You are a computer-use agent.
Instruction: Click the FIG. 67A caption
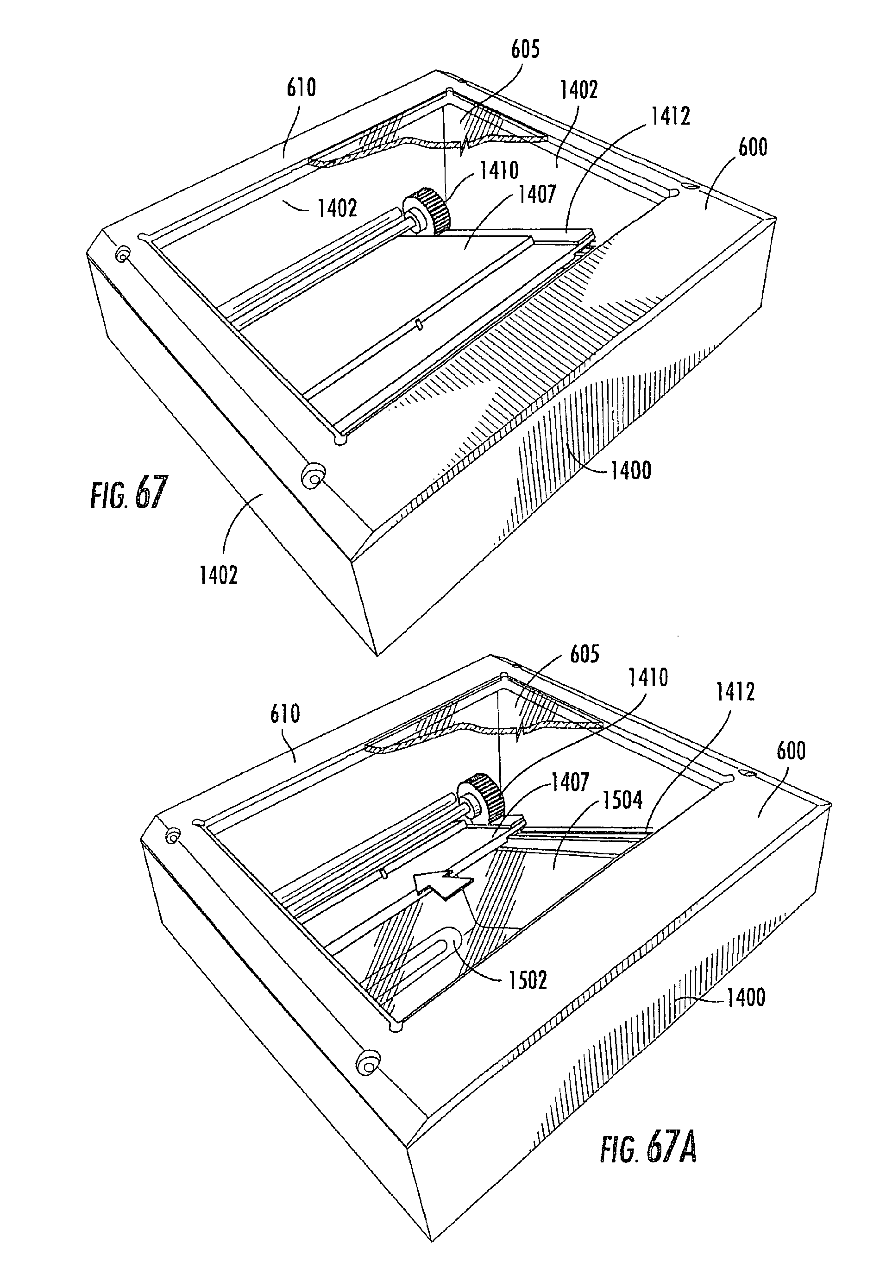pyautogui.click(x=648, y=1149)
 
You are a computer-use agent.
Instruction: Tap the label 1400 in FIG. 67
pyautogui.click(x=631, y=471)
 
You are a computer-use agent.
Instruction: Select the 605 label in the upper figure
pyautogui.click(x=526, y=50)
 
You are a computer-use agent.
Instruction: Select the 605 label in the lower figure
pyautogui.click(x=584, y=654)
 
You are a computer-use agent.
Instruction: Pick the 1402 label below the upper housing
pyautogui.click(x=219, y=575)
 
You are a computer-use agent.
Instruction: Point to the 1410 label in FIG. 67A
pyautogui.click(x=648, y=677)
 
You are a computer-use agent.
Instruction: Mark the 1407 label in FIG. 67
pyautogui.click(x=537, y=195)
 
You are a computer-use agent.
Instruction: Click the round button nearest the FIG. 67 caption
pyautogui.click(x=313, y=475)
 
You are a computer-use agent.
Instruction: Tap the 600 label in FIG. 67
pyautogui.click(x=753, y=147)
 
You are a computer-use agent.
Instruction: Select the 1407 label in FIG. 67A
pyautogui.click(x=570, y=783)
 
